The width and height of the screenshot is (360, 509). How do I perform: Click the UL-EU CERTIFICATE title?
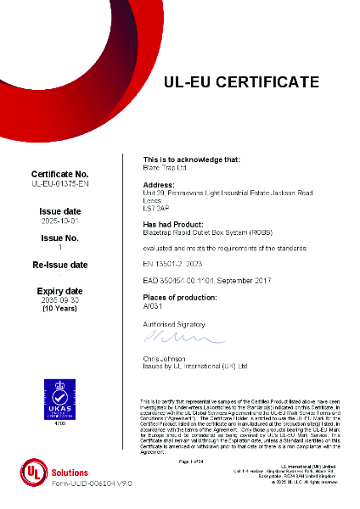tap(241, 82)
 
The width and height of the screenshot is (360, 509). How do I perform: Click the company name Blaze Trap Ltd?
tap(165, 167)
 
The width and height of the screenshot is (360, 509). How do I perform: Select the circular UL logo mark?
tap(33, 473)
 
